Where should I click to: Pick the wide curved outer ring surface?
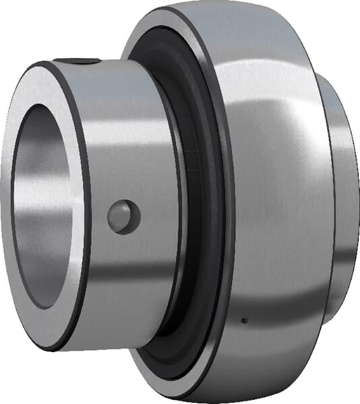[270, 202]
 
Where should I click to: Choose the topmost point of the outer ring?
[202, 3]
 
